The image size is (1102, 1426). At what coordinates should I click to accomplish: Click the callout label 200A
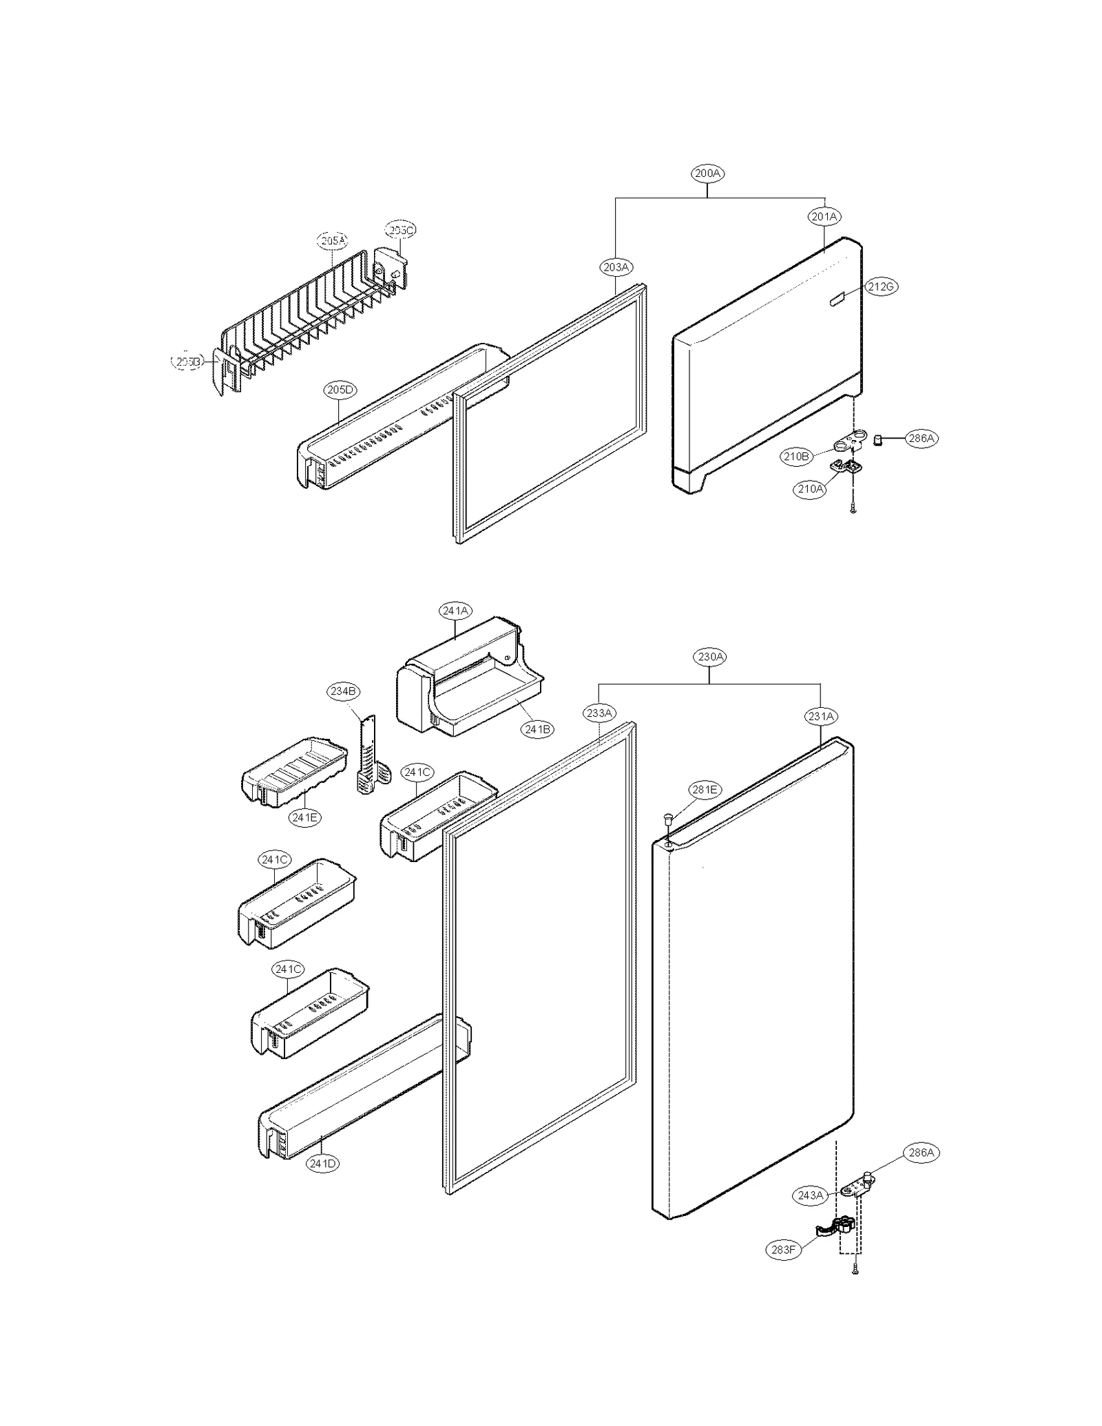[x=707, y=174]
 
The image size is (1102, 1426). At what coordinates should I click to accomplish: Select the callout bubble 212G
[x=882, y=286]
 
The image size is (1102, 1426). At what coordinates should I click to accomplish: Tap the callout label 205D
[x=340, y=390]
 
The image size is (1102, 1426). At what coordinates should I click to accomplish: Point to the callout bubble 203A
[x=616, y=266]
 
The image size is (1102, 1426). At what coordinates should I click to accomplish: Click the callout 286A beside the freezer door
[x=921, y=438]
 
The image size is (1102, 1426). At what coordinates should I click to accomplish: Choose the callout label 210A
[x=809, y=489]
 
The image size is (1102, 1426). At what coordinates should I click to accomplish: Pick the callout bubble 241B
[x=537, y=729]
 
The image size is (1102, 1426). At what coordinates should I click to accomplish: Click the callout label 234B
[x=343, y=691]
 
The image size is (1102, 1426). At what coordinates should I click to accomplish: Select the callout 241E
[x=304, y=817]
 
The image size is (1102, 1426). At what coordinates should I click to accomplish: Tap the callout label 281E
[x=705, y=790]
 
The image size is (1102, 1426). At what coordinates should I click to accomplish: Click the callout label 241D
[x=323, y=1164]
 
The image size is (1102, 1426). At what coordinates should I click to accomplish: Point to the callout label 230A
[x=710, y=657]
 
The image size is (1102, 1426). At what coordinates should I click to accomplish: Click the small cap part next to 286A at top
[x=878, y=439]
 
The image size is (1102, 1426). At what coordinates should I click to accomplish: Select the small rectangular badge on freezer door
[x=836, y=300]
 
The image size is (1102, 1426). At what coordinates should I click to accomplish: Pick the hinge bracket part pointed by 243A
[x=856, y=1184]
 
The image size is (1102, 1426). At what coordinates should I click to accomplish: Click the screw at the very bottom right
[x=855, y=1271]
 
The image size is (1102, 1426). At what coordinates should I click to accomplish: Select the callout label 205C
[x=401, y=230]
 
